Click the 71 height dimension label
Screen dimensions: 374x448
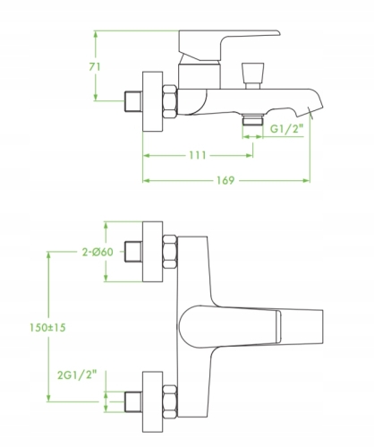pyautogui.click(x=95, y=67)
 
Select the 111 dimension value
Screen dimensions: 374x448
pyautogui.click(x=198, y=155)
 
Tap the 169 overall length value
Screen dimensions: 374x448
pyautogui.click(x=225, y=180)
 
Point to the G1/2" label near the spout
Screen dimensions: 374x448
pyautogui.click(x=286, y=129)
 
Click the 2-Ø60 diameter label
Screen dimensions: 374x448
pyautogui.click(x=98, y=252)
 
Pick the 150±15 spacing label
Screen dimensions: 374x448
pyautogui.click(x=47, y=328)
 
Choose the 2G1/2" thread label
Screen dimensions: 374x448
pyautogui.click(x=77, y=375)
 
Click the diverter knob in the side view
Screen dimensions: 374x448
pyautogui.click(x=252, y=76)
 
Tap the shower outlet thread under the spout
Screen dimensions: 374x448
pyautogui.click(x=252, y=120)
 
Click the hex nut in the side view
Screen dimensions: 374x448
pyautogui.click(x=170, y=101)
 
